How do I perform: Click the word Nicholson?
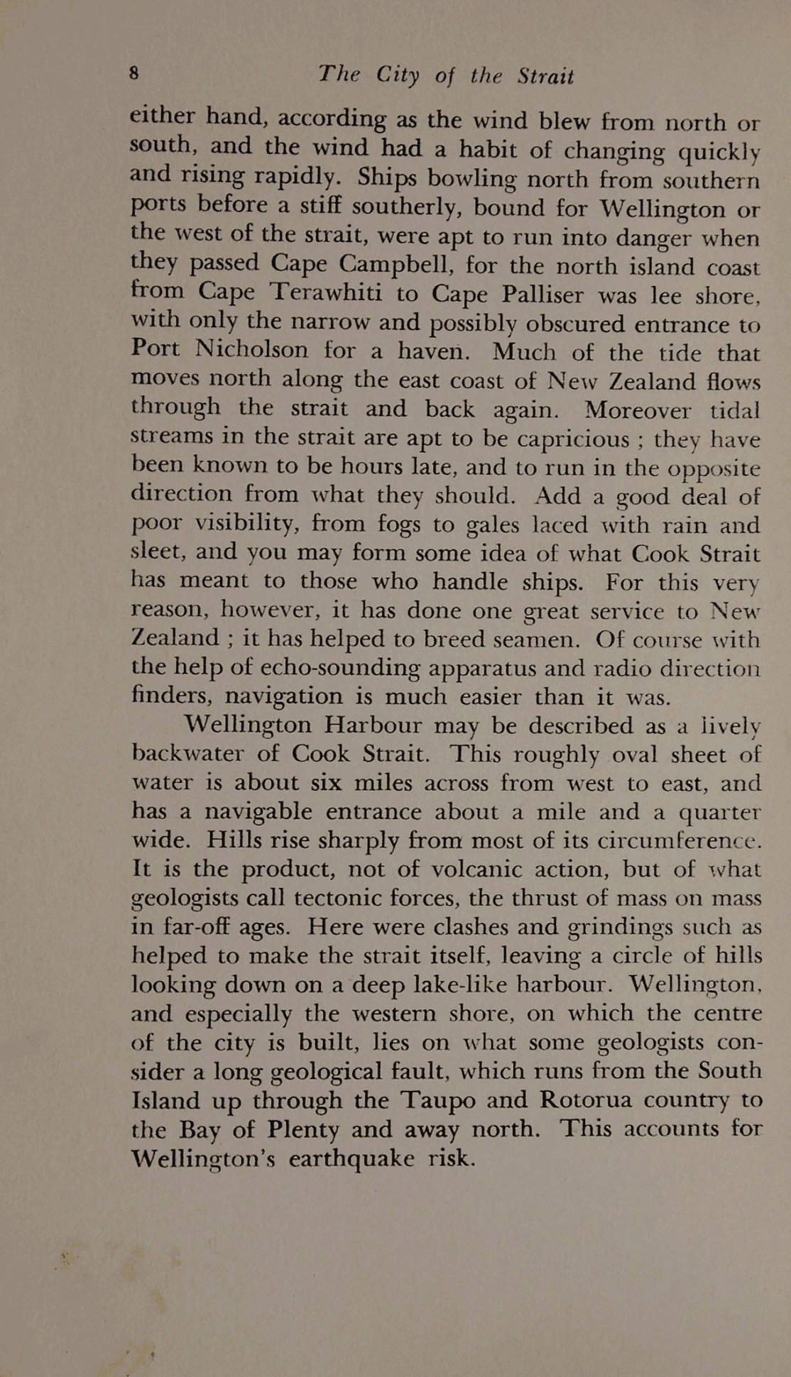[251, 349]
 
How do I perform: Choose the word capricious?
[573, 439]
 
